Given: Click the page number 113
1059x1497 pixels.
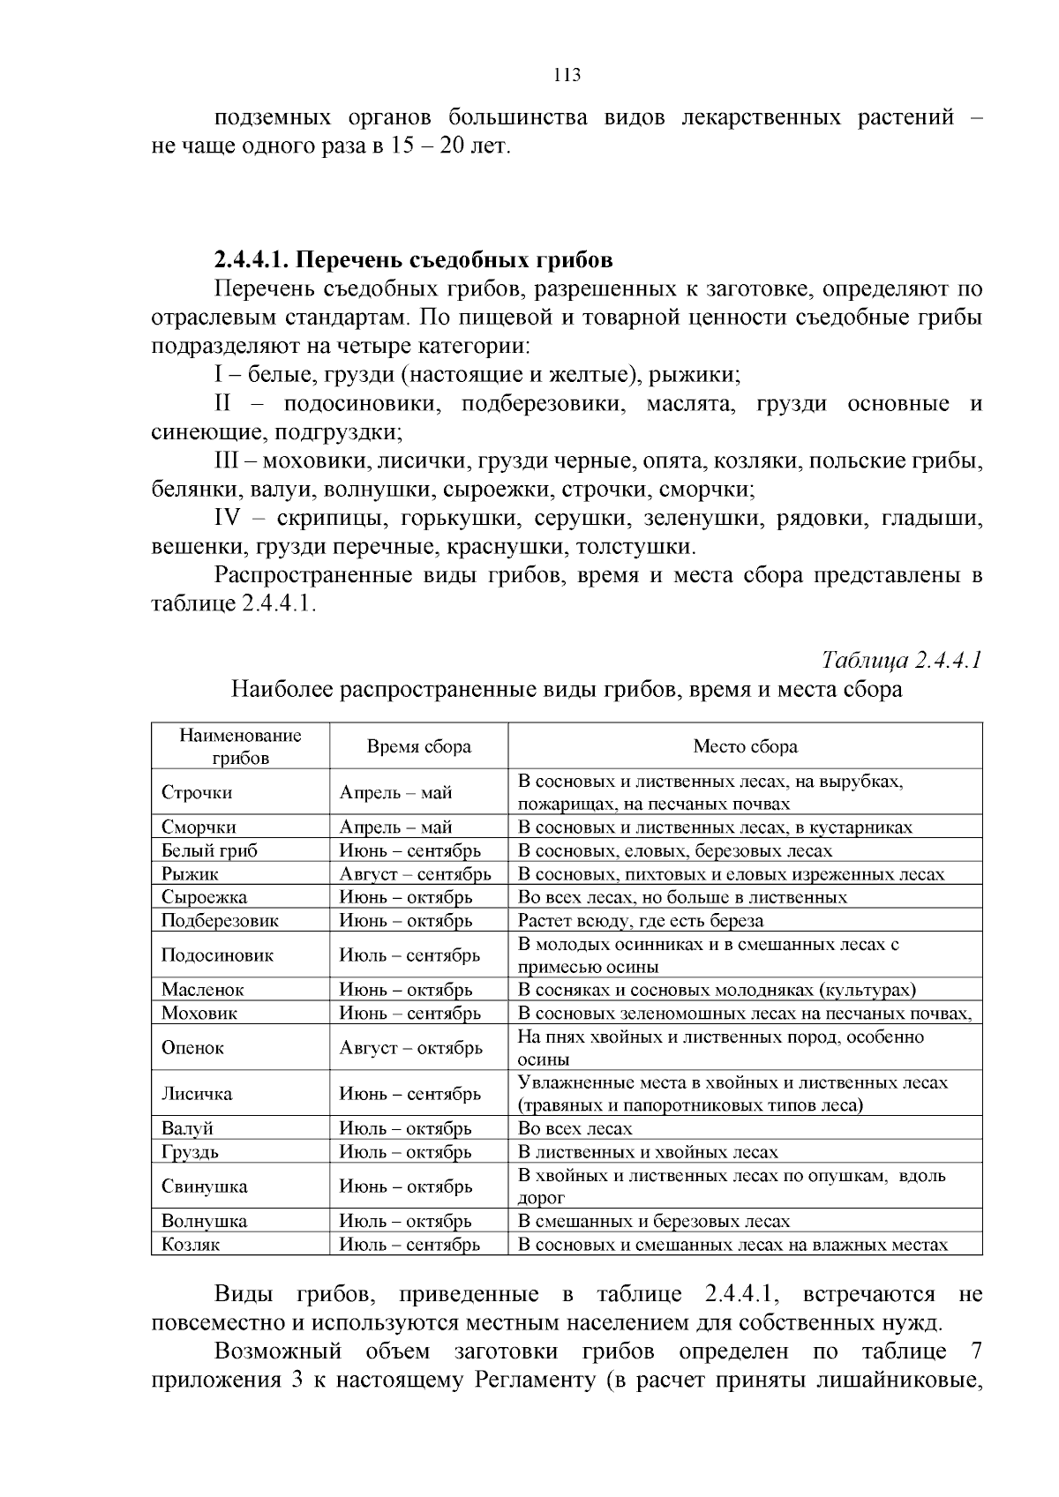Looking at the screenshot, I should pos(567,75).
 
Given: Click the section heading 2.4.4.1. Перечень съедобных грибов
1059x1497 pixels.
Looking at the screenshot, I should pos(413,260).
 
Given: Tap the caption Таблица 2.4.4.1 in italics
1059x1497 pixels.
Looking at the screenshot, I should pos(901,660).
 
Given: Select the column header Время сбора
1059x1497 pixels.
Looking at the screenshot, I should pos(418,746).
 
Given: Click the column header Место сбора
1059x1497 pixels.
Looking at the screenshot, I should pos(745,746).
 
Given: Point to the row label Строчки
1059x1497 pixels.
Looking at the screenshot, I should pos(197,792).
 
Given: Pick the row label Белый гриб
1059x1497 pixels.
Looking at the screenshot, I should pos(209,850).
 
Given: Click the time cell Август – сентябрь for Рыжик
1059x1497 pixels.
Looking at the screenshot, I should pos(415,874).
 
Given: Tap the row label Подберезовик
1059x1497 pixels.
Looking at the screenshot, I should pos(220,920).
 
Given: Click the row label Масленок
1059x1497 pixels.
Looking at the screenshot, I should pos(203,990).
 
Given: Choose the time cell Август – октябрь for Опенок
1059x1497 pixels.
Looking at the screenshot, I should pos(410,1048).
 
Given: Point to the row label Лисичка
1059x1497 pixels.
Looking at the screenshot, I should pos(197,1094).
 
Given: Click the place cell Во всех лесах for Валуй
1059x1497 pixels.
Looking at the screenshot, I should pos(575,1128).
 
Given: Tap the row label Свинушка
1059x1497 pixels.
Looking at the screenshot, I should pos(204,1186).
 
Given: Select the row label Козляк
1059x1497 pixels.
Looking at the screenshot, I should pos(191,1245).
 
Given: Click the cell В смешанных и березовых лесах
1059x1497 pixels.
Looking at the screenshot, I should pos(653,1221).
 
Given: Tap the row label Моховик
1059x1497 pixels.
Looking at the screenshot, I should pos(199,1014).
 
